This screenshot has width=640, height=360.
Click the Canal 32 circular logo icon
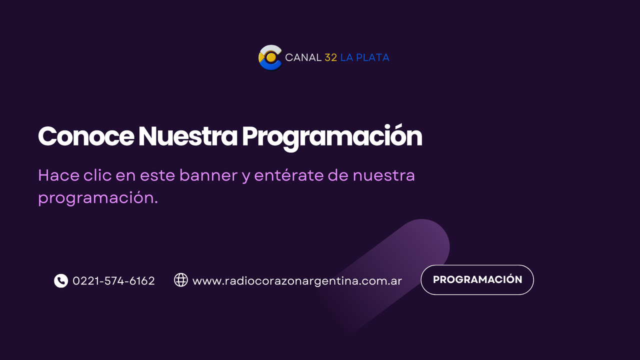point(270,57)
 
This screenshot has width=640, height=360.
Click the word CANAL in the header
point(303,57)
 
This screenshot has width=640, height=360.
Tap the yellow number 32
point(330,57)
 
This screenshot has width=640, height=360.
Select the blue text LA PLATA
point(364,57)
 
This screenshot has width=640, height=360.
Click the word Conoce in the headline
point(85,136)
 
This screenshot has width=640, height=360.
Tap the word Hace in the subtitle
point(56,175)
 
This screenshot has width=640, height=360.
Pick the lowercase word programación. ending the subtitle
point(98,198)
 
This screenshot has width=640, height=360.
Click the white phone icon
point(61,281)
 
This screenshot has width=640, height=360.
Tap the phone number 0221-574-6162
point(113,281)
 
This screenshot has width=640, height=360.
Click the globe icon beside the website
point(181,280)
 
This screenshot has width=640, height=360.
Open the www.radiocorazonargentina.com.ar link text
point(297,281)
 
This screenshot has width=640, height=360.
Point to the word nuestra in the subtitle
point(383,175)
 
